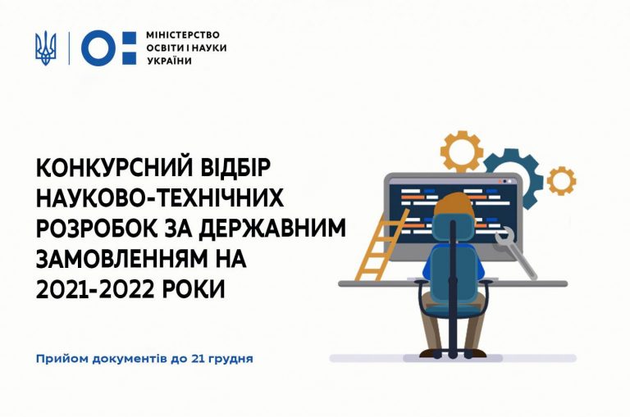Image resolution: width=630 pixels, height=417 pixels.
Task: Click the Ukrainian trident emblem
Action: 45,48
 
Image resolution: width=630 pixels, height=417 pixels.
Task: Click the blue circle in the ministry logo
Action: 98,48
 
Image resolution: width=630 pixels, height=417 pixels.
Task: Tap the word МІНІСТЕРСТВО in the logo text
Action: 183,35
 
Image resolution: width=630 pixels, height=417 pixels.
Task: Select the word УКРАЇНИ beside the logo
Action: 169,61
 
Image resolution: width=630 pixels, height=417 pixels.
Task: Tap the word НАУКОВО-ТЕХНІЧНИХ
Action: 160,198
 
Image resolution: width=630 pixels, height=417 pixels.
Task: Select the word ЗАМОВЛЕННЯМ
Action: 120,259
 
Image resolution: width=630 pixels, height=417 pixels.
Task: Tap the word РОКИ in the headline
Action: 194,289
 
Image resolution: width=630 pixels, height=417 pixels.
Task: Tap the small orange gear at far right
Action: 561,181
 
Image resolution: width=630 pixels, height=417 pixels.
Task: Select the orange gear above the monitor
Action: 462,152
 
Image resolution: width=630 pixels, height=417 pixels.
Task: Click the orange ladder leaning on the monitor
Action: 382,246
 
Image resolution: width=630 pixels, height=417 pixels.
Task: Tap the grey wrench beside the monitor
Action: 514,252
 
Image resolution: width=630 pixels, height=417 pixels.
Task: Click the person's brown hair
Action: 454,206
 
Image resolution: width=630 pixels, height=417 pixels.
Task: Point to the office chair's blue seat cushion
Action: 453,309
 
